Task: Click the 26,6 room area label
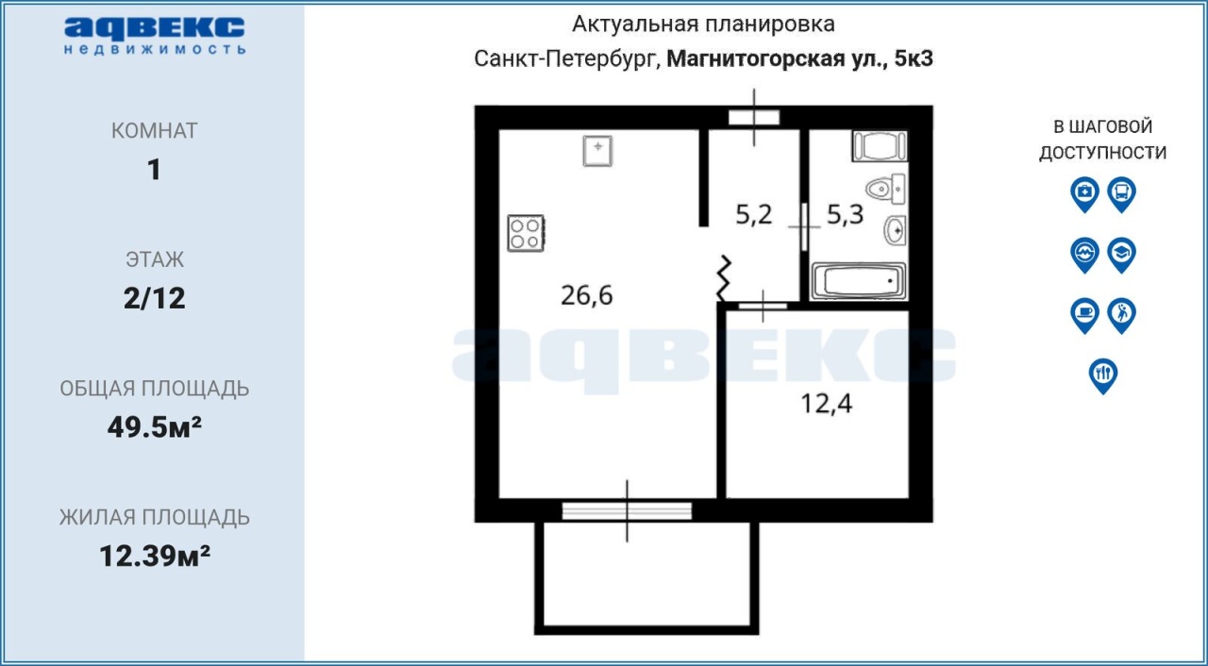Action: click(587, 296)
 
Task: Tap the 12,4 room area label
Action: click(826, 404)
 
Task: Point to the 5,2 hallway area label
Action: click(754, 214)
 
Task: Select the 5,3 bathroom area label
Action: click(845, 214)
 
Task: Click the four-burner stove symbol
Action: click(526, 233)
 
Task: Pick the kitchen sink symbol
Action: click(597, 151)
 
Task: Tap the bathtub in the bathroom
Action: click(859, 281)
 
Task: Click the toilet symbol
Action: click(885, 189)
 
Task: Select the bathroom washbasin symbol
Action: click(895, 230)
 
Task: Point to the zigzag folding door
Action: click(724, 278)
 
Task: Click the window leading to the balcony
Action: click(627, 510)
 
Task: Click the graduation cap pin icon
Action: click(1122, 255)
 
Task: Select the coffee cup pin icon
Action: click(1084, 315)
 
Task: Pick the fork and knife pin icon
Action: click(1103, 375)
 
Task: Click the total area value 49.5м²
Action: click(154, 426)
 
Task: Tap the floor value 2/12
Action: click(154, 298)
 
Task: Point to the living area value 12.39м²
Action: click(154, 556)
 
